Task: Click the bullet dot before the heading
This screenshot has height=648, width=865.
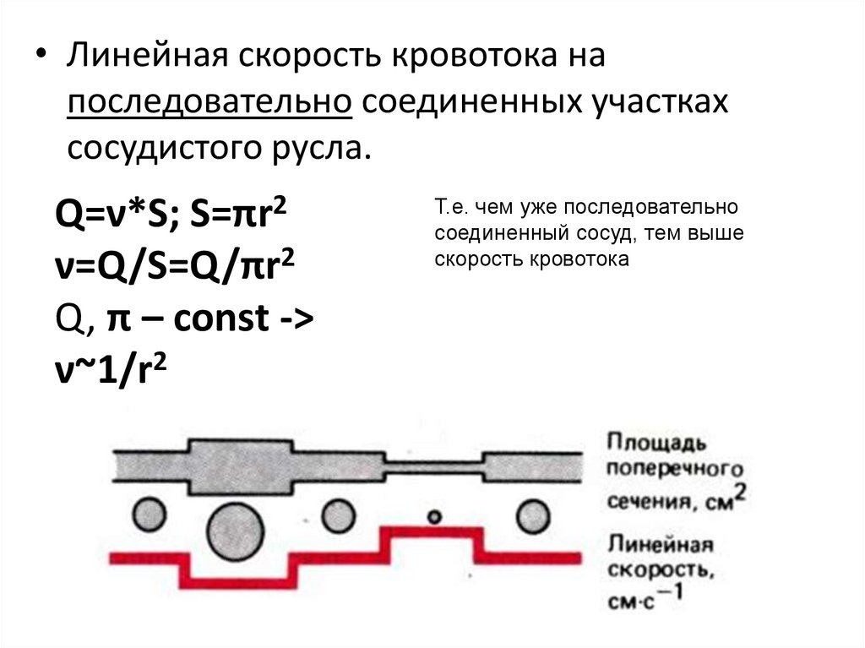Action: (x=40, y=59)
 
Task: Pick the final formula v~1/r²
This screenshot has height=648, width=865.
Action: (x=111, y=371)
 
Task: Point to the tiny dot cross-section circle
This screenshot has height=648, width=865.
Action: (x=434, y=515)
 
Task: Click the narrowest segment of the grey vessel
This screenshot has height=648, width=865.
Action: (x=434, y=465)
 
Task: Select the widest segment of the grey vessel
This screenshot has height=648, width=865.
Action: (x=244, y=465)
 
